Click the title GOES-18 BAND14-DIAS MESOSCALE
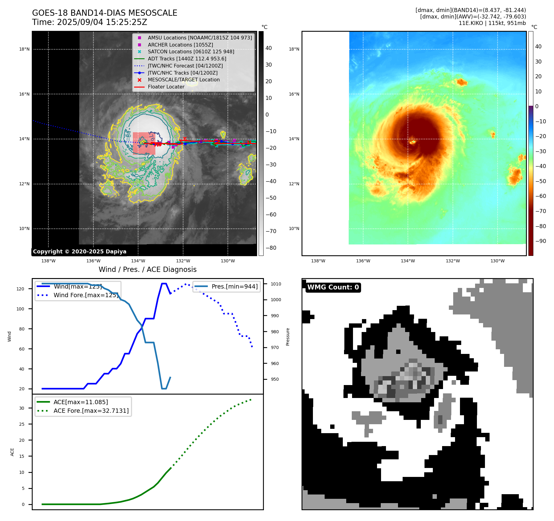click(105, 13)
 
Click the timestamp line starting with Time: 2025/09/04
click(89, 22)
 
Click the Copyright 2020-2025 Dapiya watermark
click(80, 252)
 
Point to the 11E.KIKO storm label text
click(492, 23)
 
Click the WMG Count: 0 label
click(333, 287)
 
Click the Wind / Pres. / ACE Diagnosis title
click(147, 269)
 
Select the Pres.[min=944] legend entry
click(234, 286)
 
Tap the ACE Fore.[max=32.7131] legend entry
click(91, 411)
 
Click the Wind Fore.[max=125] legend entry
click(86, 295)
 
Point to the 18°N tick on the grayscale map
click(24, 49)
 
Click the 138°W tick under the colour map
click(318, 261)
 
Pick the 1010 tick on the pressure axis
click(276, 284)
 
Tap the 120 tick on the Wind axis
click(20, 289)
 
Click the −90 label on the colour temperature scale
click(540, 241)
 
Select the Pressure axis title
click(288, 337)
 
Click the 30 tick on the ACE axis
click(22, 408)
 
